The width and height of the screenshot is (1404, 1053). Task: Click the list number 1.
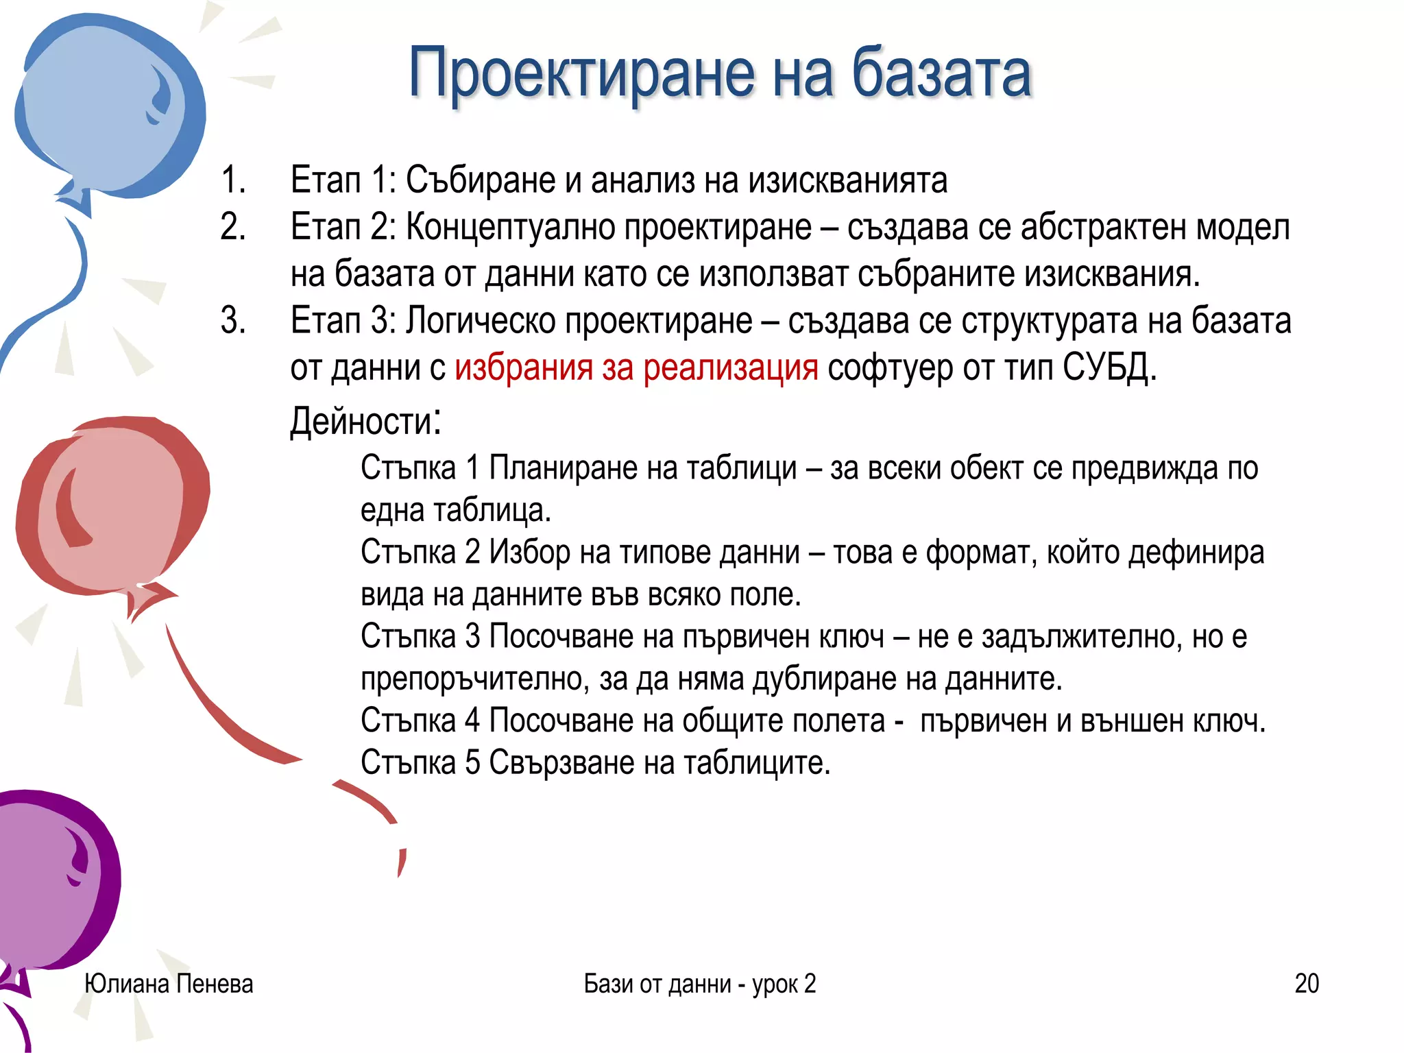coord(233,180)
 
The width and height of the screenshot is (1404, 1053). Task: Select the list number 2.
coord(233,227)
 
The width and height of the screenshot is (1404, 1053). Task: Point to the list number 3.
coord(233,321)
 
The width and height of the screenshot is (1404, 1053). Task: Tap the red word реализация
coord(730,368)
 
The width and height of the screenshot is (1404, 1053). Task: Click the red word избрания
coord(523,368)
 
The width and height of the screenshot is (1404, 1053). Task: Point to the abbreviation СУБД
coord(1109,368)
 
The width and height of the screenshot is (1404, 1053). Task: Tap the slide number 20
coord(1307,984)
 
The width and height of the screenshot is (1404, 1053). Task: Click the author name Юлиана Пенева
coord(169,984)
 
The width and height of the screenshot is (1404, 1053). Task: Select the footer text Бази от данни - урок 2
coord(699,984)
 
